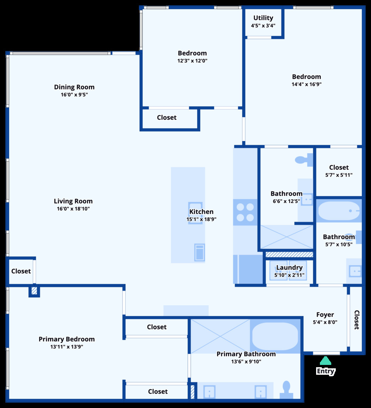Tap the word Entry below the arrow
[326, 371]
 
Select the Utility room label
[263, 18]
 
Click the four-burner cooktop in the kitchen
[245, 212]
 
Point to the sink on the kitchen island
[195, 218]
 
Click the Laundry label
[289, 267]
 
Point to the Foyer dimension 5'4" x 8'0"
[325, 322]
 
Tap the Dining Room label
[74, 87]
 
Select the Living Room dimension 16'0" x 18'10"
[73, 209]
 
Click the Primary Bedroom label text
[67, 339]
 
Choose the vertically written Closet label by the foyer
[356, 320]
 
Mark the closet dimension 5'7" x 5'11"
[339, 175]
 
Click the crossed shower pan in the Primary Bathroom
[220, 336]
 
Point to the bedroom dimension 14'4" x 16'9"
[306, 84]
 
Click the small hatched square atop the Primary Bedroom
[34, 291]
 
